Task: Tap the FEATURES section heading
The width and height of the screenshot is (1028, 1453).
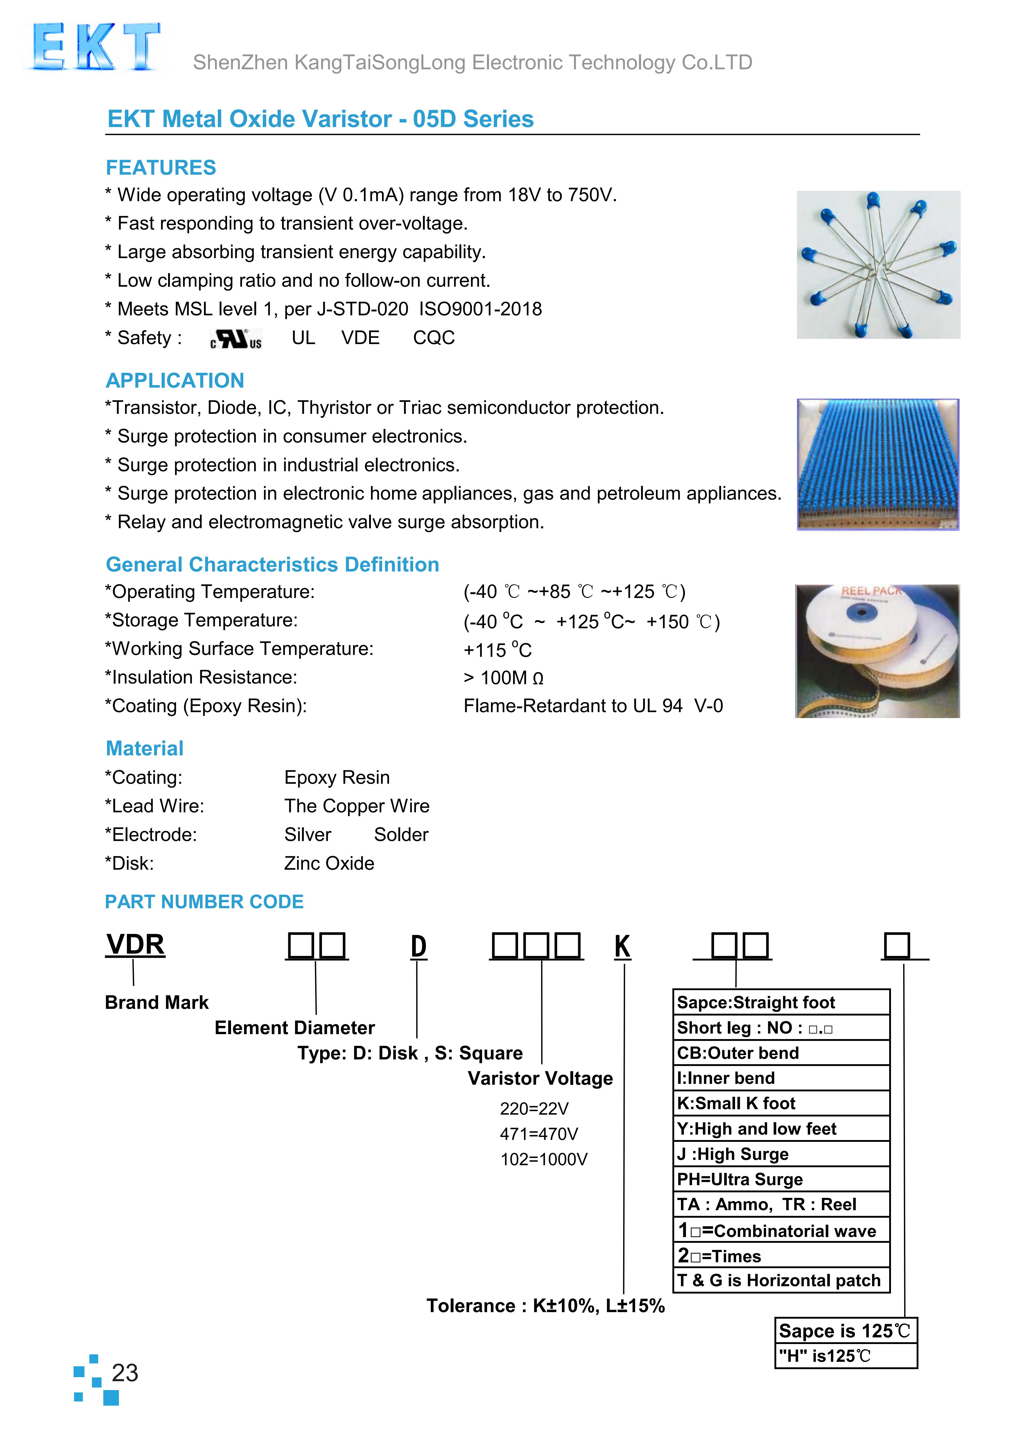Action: click(x=161, y=168)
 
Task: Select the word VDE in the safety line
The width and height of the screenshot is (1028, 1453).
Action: click(x=360, y=338)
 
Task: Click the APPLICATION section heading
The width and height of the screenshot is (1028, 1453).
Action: click(x=175, y=380)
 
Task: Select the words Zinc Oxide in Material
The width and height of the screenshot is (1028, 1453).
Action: click(x=329, y=863)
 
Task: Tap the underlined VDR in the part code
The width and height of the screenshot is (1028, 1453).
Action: click(x=135, y=945)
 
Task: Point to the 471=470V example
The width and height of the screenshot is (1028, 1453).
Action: click(x=539, y=1134)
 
